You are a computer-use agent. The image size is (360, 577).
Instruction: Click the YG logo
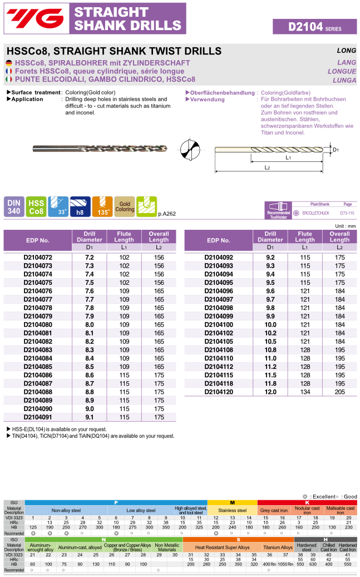pyautogui.click(x=33, y=17)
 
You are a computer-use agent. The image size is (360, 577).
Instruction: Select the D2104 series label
pyautogui.click(x=314, y=26)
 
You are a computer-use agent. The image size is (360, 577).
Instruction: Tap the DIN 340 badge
pyautogui.click(x=13, y=206)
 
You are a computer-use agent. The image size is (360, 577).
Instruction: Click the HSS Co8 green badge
pyautogui.click(x=36, y=206)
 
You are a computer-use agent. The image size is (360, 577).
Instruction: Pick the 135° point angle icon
pyautogui.click(x=102, y=206)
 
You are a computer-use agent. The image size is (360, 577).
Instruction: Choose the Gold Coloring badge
pyautogui.click(x=125, y=206)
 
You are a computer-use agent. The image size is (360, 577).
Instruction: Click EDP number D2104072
pyautogui.click(x=38, y=258)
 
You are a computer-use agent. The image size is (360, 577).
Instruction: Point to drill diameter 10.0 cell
pyautogui.click(x=270, y=324)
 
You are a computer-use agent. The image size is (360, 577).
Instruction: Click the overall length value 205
pyautogui.click(x=339, y=392)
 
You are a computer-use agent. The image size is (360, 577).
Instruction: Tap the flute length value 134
pyautogui.click(x=305, y=392)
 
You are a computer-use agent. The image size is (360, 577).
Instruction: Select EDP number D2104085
pyautogui.click(x=38, y=367)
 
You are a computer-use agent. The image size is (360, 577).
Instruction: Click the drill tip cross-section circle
pyautogui.click(x=189, y=150)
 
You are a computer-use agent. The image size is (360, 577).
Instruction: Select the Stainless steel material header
pyautogui.click(x=232, y=510)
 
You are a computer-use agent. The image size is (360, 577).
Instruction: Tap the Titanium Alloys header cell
pyautogui.click(x=278, y=548)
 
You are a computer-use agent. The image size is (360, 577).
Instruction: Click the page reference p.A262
pyautogui.click(x=167, y=214)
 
